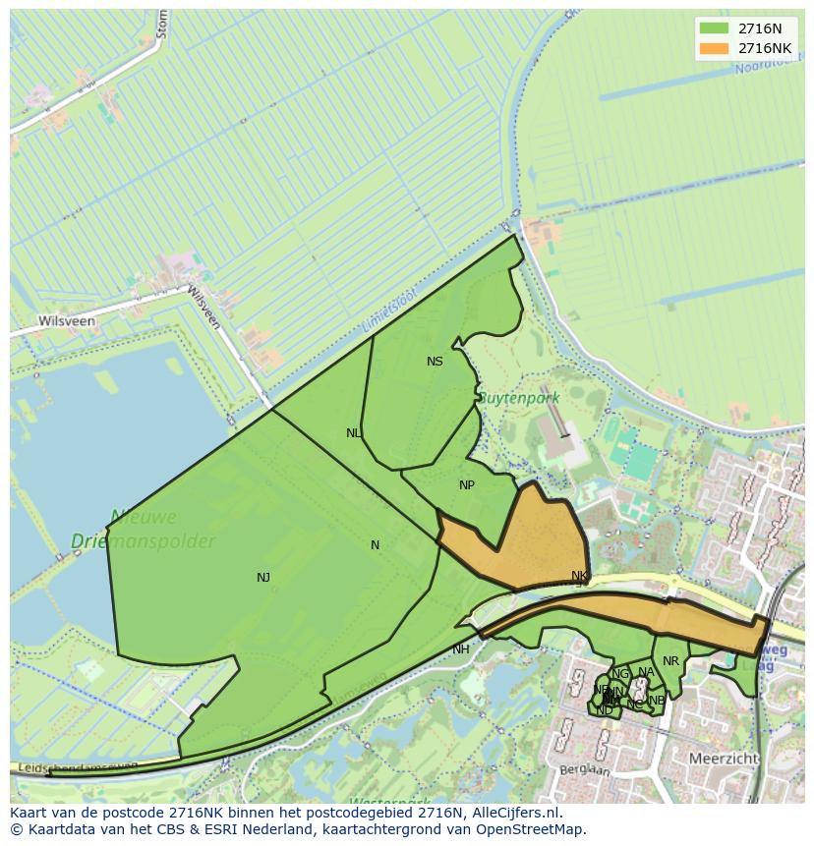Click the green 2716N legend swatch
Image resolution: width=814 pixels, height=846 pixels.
714,28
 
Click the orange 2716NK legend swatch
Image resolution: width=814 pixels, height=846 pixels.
714,48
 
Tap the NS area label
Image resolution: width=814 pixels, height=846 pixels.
435,362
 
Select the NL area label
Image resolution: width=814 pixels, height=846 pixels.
354,433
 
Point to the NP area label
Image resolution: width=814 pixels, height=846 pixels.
467,485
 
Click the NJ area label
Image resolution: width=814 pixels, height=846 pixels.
263,578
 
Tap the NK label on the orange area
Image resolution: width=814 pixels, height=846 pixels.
579,576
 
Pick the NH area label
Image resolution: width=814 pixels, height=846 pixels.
461,649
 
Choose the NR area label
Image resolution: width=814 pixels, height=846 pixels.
670,661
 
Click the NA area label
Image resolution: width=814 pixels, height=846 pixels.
646,673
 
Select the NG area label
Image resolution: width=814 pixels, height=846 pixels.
620,674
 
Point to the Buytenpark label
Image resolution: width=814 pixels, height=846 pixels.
518,398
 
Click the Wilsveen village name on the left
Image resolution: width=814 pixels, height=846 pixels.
67,321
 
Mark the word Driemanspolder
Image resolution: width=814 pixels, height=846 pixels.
143,541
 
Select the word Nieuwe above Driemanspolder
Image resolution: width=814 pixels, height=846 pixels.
144,517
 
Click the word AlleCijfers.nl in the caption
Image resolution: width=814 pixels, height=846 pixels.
513,814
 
